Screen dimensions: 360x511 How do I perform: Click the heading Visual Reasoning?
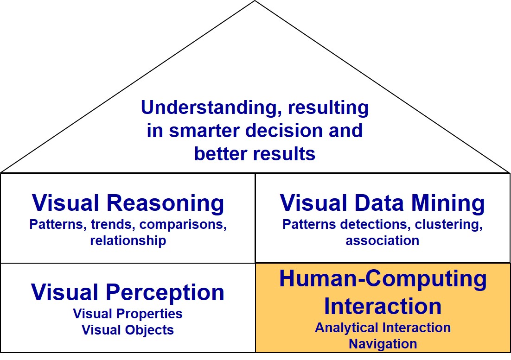[x=128, y=203]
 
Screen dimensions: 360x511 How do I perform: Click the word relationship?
[x=128, y=241]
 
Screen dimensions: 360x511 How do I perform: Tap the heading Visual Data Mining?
[x=383, y=203]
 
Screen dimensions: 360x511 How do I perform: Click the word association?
[x=383, y=241]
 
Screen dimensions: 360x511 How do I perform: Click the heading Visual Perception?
[x=128, y=293]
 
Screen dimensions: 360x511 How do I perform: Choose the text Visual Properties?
[x=128, y=314]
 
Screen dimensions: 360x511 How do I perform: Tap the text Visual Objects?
[x=128, y=330]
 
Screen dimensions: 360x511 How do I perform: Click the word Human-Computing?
[x=383, y=279]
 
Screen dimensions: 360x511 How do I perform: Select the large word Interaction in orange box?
[x=383, y=306]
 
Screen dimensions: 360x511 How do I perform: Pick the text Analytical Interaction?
[x=383, y=328]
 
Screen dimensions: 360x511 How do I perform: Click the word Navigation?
[x=383, y=344]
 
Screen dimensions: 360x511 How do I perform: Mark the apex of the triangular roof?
[x=255, y=1]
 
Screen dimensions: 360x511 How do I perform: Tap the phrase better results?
[x=255, y=153]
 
